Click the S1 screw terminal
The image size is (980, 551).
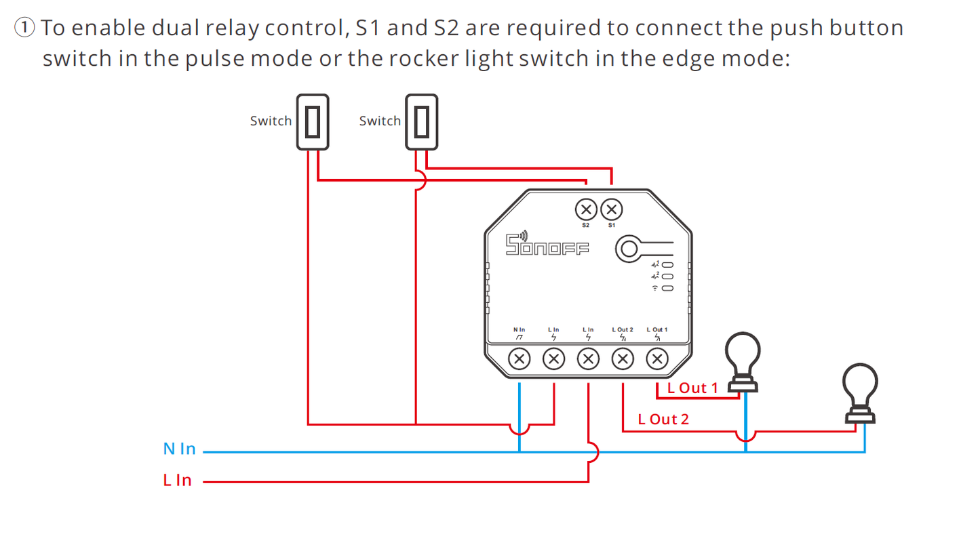[x=612, y=209]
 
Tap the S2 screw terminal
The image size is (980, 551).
[x=586, y=209]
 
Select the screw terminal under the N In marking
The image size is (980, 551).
[x=520, y=359]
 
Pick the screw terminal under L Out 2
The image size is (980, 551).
[x=623, y=359]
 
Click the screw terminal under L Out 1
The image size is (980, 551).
[x=656, y=359]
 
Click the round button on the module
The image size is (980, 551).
[x=628, y=249]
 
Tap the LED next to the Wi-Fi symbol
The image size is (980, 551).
[x=667, y=289]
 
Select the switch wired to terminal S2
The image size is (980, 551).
[x=313, y=121]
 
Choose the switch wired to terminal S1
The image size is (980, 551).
[x=422, y=121]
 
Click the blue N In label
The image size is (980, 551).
[x=179, y=449]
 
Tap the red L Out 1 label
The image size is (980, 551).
[x=692, y=388]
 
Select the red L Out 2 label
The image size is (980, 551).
[x=663, y=419]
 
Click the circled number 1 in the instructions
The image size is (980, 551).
[x=24, y=28]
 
